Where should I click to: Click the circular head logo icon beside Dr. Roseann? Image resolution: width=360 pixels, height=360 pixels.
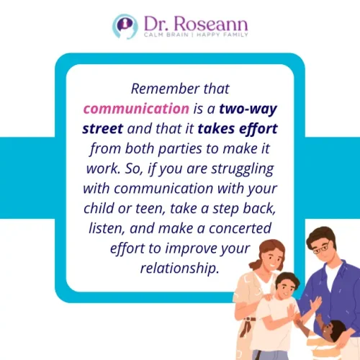tap(124, 25)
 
